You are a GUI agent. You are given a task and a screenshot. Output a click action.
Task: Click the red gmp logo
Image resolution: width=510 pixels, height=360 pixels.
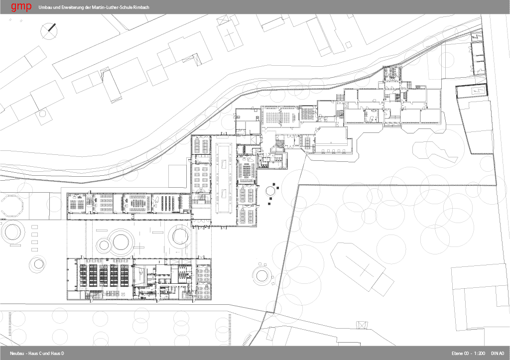click(21, 7)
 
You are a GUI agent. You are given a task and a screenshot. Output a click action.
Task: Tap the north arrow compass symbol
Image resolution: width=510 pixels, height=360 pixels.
click(49, 31)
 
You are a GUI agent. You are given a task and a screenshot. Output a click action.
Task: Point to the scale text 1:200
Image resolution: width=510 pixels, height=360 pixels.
click(480, 353)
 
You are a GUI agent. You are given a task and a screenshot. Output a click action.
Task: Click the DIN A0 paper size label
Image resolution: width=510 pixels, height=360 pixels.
click(498, 353)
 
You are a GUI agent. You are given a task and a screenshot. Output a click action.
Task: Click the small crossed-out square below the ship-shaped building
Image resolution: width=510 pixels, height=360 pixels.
click(362, 325)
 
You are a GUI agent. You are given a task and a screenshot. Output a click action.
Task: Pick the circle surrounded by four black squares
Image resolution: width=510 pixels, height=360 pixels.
click(270, 191)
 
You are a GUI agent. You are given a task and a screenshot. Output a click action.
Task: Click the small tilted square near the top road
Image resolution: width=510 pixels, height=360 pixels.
click(348, 44)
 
